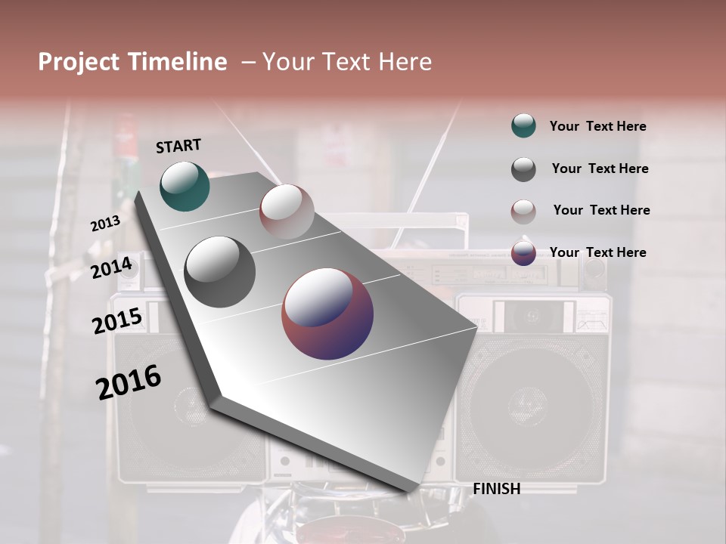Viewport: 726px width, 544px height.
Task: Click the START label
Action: [178, 146]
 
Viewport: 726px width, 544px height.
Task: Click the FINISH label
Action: [496, 489]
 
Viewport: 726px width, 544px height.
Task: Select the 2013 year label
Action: [105, 223]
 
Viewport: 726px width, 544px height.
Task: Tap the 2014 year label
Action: [112, 267]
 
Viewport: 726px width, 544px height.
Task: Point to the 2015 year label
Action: [117, 321]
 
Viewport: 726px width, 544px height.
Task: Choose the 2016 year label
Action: [129, 382]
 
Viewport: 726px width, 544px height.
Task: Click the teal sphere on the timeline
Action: [185, 187]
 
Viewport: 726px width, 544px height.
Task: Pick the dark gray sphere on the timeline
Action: [219, 272]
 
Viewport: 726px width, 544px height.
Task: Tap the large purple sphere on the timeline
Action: [327, 314]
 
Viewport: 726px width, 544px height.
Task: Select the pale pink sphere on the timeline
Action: [287, 212]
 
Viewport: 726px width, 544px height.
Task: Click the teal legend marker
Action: [523, 126]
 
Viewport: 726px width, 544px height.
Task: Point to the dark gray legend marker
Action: [523, 169]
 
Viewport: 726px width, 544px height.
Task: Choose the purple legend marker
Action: [523, 253]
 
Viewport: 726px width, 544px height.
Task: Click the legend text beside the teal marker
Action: [597, 126]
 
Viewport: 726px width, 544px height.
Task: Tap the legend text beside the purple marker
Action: [597, 252]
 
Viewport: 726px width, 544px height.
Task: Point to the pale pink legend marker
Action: [523, 211]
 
